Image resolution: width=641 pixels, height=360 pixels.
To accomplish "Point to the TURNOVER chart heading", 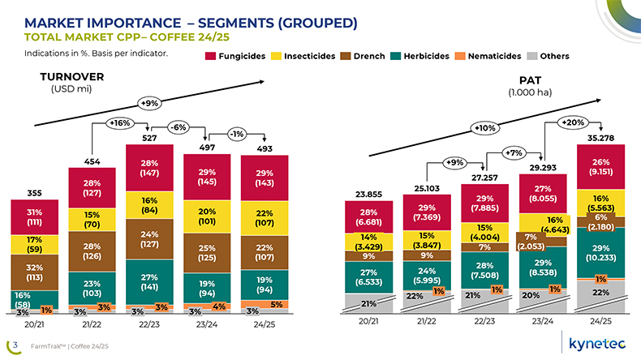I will click(x=51, y=77).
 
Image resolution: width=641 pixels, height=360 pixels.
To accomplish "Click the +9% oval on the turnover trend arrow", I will click(x=148, y=104).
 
